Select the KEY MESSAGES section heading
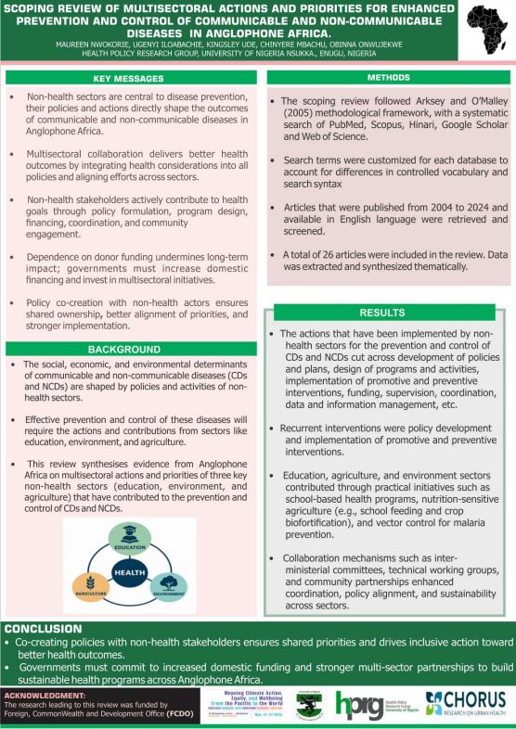pos(130,80)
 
